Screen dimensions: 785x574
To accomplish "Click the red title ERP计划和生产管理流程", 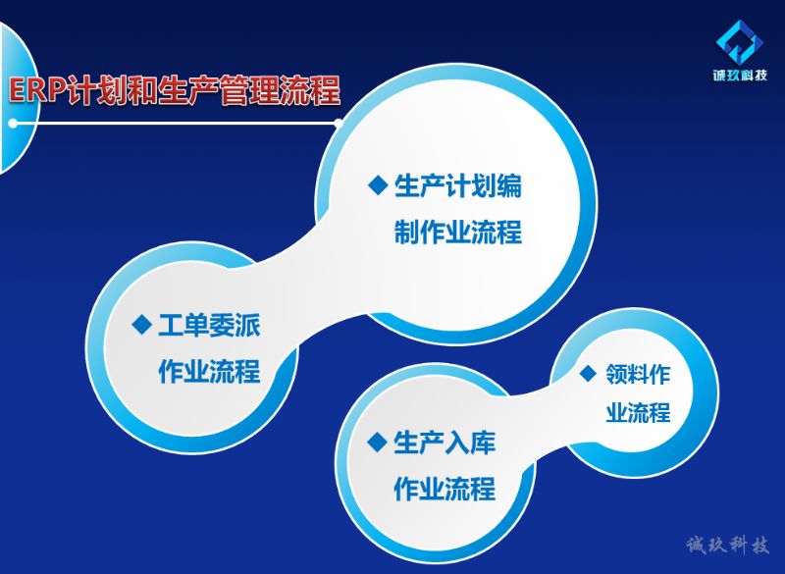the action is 175,90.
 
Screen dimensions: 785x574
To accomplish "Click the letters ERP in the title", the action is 37,91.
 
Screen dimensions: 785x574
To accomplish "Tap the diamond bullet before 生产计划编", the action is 378,184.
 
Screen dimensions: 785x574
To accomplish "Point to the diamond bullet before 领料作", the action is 588,373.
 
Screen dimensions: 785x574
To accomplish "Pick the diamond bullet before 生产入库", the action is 377,442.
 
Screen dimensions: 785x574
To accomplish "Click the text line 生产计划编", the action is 458,185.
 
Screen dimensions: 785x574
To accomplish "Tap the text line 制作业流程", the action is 458,232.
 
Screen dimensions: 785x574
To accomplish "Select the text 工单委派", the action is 209,326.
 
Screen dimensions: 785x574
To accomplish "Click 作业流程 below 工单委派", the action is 209,371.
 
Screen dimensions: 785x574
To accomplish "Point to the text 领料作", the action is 638,374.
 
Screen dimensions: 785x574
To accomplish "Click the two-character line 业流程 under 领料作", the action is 638,412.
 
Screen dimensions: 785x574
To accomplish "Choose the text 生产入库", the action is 445,443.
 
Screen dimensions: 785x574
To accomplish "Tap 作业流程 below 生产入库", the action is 445,489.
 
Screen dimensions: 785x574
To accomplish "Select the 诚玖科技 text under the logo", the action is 740,76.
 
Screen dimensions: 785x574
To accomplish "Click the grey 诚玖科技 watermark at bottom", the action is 727,545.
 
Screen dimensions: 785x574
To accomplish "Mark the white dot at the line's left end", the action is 13,123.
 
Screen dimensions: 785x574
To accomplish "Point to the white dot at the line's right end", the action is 339,123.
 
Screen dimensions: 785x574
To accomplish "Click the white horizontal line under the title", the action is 176,123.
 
